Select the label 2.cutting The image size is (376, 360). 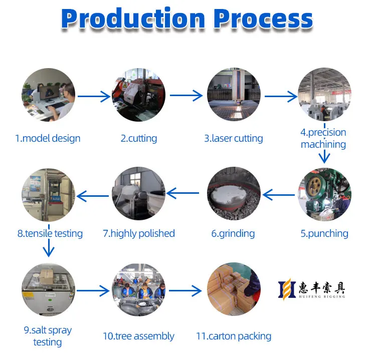tap(138, 138)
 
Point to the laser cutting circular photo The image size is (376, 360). tap(234, 95)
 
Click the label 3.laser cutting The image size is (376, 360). tap(233, 138)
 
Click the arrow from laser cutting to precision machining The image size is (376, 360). tap(281, 96)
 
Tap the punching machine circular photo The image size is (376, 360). tap(324, 194)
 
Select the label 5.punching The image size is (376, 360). tap(324, 233)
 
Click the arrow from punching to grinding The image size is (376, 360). tap(279, 194)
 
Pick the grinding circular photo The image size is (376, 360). tap(234, 194)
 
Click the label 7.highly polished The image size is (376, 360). tap(138, 233)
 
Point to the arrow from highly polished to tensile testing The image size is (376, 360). tap(93, 195)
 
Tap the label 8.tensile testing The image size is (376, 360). tap(50, 233)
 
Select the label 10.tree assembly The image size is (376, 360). tap(138, 336)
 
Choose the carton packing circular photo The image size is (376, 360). tap(234, 289)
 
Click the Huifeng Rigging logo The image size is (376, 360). tap(311, 289)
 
